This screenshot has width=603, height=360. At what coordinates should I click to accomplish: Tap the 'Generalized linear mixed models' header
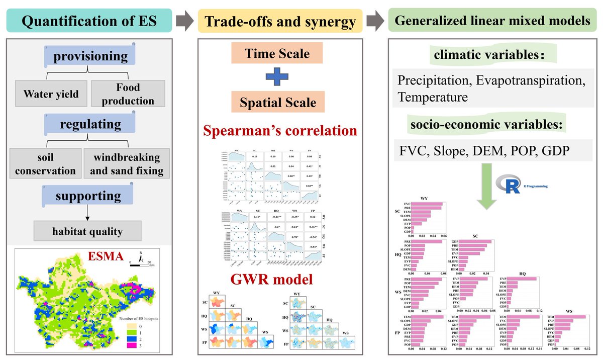click(x=492, y=22)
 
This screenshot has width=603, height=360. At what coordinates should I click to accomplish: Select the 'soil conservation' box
click(x=46, y=164)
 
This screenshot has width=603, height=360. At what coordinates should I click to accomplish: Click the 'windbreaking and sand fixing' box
click(x=127, y=164)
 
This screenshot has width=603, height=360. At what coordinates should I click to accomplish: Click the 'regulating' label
click(x=88, y=124)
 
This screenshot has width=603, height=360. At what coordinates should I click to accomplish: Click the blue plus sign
click(x=278, y=78)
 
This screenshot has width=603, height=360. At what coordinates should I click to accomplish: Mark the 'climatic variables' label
click(x=485, y=56)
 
